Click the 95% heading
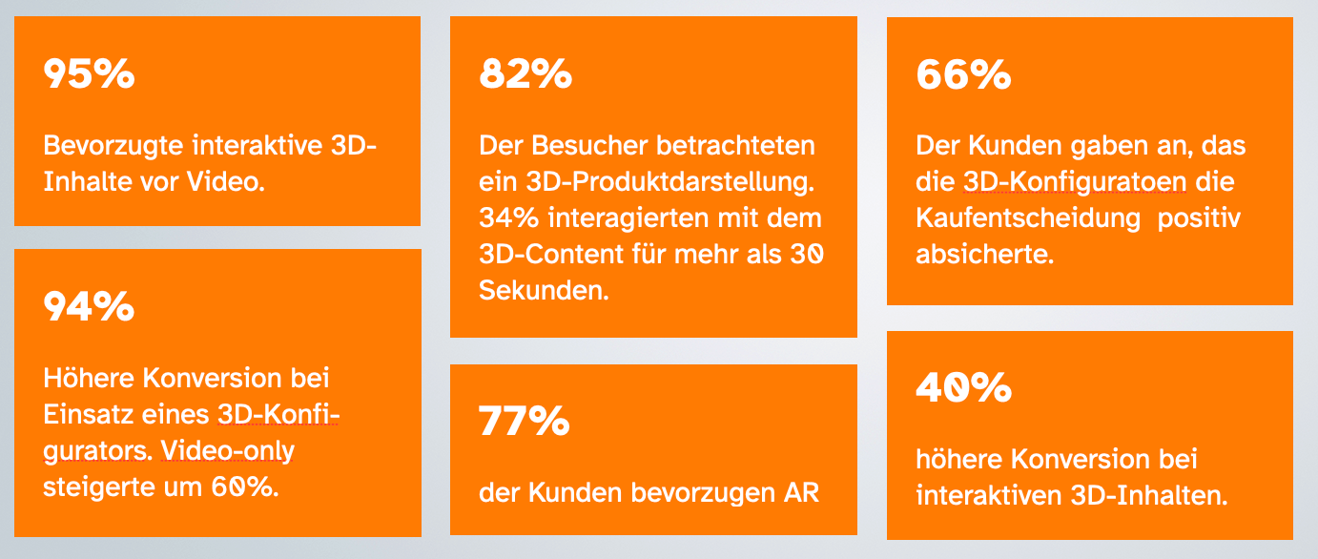pos(89,74)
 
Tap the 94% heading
pos(89,306)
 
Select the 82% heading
pos(525,74)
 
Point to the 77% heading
pos(524,422)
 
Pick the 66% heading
pos(962,74)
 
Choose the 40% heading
pos(962,387)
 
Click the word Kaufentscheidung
pos(1028,218)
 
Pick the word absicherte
pos(984,255)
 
